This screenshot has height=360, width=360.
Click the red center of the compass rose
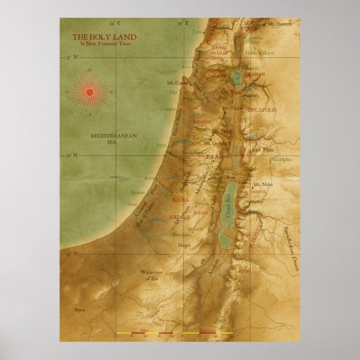coord(89,92)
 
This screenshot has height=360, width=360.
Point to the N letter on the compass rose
coord(89,70)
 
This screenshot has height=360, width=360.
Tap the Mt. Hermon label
coord(279,25)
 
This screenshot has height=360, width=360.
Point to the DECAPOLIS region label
coord(262,110)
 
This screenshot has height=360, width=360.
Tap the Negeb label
coord(184,245)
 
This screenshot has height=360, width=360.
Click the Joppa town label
coord(161,145)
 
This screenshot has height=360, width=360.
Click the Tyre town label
coord(196,32)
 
